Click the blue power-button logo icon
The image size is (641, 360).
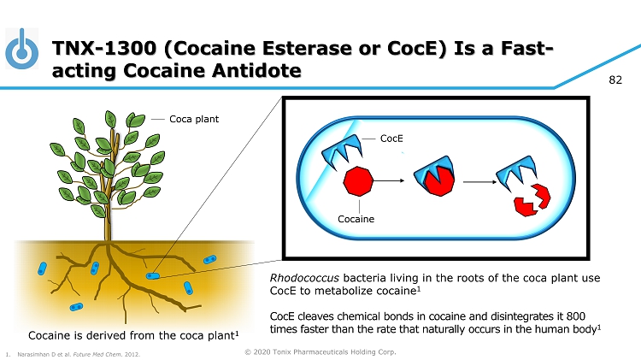pyautogui.click(x=21, y=49)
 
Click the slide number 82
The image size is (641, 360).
pyautogui.click(x=615, y=80)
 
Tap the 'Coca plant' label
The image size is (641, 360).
pyautogui.click(x=194, y=119)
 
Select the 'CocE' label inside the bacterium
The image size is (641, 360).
pyautogui.click(x=391, y=139)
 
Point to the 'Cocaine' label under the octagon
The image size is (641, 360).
pyautogui.click(x=356, y=219)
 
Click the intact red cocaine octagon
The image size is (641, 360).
pyautogui.click(x=358, y=180)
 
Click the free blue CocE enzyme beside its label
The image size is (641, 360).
pyautogui.click(x=342, y=151)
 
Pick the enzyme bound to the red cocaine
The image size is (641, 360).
pyautogui.click(x=434, y=175)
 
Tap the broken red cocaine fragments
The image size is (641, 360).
pyautogui.click(x=532, y=200)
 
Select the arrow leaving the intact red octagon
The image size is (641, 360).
pyautogui.click(x=389, y=180)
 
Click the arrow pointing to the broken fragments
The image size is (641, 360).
pyautogui.click(x=479, y=181)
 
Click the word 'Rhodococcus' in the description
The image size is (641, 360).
pyautogui.click(x=304, y=278)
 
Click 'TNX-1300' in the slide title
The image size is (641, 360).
pyautogui.click(x=104, y=48)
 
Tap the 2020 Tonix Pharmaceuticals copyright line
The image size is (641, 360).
pyautogui.click(x=320, y=351)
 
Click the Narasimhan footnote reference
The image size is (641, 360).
pyautogui.click(x=74, y=354)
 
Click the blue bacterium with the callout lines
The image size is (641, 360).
pyautogui.click(x=153, y=276)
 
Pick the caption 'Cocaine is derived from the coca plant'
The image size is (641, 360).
pyautogui.click(x=133, y=335)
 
